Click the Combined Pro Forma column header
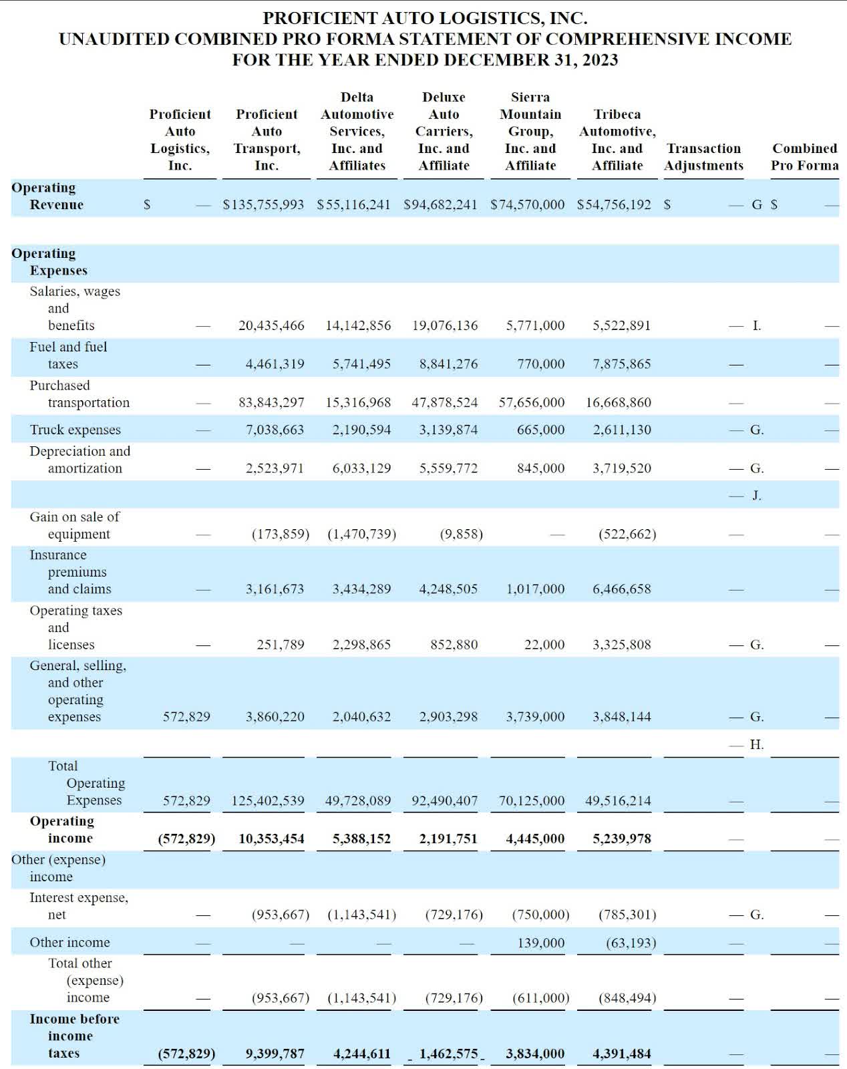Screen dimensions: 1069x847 804,157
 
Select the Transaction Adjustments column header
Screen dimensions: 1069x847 703,157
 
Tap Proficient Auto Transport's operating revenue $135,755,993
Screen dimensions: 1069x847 263,204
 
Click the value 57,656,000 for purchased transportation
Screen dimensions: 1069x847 532,402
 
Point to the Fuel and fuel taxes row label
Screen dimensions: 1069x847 68,355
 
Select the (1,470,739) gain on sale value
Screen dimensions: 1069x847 361,534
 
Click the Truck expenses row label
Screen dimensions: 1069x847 75,430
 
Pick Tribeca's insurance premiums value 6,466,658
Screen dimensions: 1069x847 621,589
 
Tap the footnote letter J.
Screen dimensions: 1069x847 756,495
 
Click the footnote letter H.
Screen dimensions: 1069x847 756,744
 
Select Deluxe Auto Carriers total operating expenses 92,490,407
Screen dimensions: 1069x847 444,800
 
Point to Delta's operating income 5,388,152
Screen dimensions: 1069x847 361,838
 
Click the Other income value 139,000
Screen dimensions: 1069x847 540,943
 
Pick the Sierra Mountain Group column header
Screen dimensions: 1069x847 530,131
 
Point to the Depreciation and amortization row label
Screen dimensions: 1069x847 79,460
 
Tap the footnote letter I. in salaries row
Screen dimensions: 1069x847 756,325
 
